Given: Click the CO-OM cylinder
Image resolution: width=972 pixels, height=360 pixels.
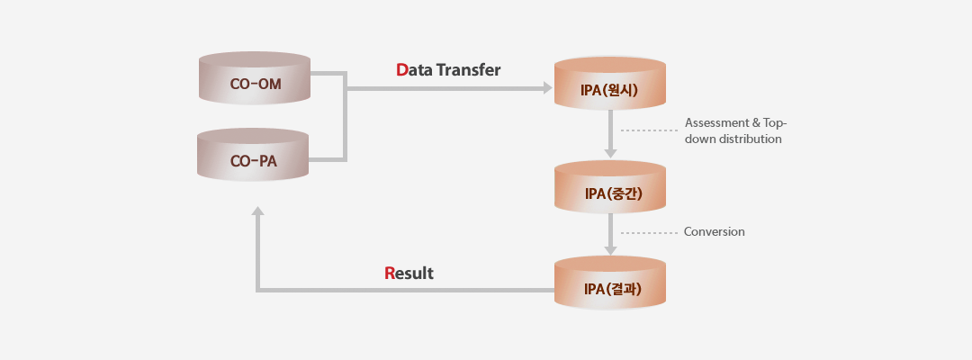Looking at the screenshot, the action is (x=254, y=78).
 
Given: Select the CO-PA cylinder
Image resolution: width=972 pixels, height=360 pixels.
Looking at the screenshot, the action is (x=253, y=155).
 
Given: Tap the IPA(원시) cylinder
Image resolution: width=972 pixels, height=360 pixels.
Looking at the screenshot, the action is (x=610, y=84).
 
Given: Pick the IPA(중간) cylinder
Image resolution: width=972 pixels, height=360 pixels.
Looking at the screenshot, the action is (x=610, y=187).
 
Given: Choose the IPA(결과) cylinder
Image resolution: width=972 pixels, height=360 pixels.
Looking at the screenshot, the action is (x=610, y=283).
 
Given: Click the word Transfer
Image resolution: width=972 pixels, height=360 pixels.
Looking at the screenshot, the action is (x=468, y=70).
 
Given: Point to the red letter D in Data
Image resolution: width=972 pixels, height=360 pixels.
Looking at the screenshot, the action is (x=401, y=70).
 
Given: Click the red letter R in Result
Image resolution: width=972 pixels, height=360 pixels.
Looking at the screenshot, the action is (x=390, y=274).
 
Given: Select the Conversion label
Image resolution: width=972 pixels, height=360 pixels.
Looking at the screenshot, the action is (x=714, y=231).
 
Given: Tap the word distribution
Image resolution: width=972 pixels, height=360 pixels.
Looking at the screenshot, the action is (x=750, y=139).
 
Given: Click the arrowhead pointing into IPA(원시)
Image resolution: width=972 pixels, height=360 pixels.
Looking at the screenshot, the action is (x=548, y=88).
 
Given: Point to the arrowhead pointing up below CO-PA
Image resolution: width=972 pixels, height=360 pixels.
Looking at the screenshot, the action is (x=258, y=211).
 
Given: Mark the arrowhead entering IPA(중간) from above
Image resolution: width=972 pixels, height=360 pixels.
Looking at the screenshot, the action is (x=610, y=154).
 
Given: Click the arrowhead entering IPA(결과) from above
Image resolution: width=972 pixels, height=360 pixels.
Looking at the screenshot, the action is (x=610, y=250).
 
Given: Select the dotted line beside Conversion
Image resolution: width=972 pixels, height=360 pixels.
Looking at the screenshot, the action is (x=649, y=233).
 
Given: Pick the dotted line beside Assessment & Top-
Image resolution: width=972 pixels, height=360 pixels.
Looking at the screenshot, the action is (x=649, y=130).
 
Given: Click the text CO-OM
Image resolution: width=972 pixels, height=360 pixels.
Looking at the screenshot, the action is (x=256, y=84).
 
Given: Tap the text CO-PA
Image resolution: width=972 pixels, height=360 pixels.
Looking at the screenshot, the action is (x=254, y=161).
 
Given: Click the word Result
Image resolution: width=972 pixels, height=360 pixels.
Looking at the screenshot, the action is (x=409, y=274).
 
